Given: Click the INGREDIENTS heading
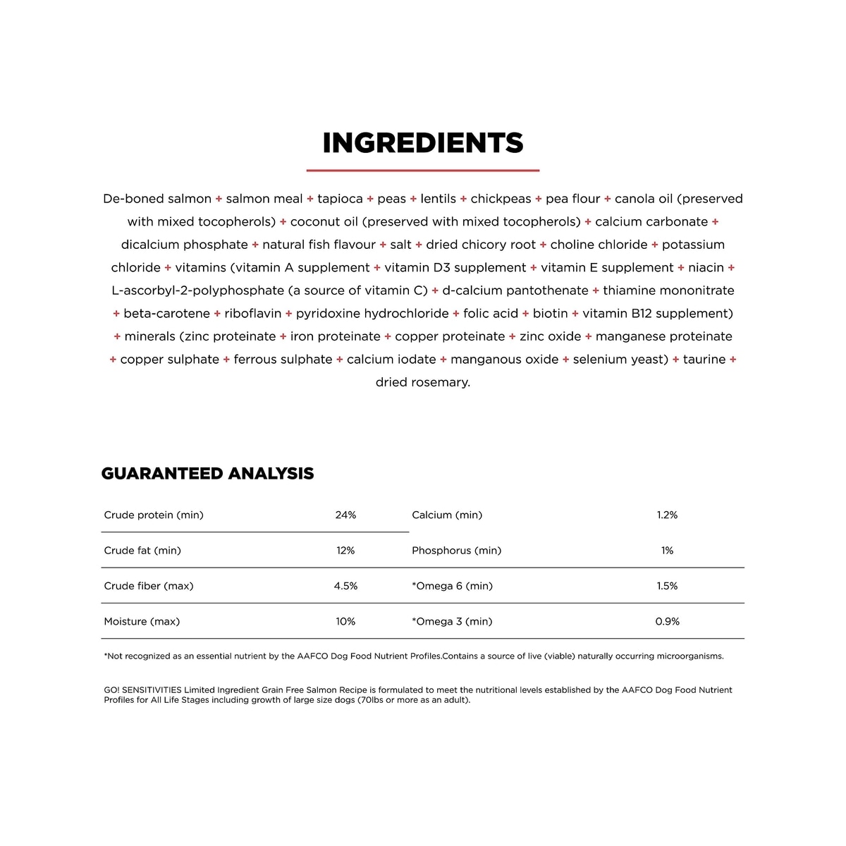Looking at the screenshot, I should point(423,143).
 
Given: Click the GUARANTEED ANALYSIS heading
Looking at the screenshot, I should point(207,474).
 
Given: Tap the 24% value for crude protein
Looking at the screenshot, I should point(345,515).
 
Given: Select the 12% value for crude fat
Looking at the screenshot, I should point(345,551).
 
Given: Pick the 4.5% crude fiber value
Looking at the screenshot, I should point(345,586).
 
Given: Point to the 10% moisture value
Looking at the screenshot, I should point(345,622).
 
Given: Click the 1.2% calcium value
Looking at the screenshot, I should point(667,515).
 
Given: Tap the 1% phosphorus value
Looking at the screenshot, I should point(667,551).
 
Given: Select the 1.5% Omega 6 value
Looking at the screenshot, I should point(667,586).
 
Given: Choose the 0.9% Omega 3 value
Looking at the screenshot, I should point(667,622).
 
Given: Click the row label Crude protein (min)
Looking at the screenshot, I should point(154,515).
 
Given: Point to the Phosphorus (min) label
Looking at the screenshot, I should point(456,551).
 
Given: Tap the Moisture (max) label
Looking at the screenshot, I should point(142,622).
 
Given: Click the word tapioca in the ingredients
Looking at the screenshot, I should point(340,199).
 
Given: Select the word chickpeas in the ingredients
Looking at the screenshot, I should point(501,199).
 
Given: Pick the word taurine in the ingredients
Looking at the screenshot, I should point(704,360).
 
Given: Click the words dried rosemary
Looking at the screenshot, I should point(422,382).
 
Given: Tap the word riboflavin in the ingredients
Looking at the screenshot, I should point(252,314).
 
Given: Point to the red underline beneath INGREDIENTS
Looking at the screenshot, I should point(423,170).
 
